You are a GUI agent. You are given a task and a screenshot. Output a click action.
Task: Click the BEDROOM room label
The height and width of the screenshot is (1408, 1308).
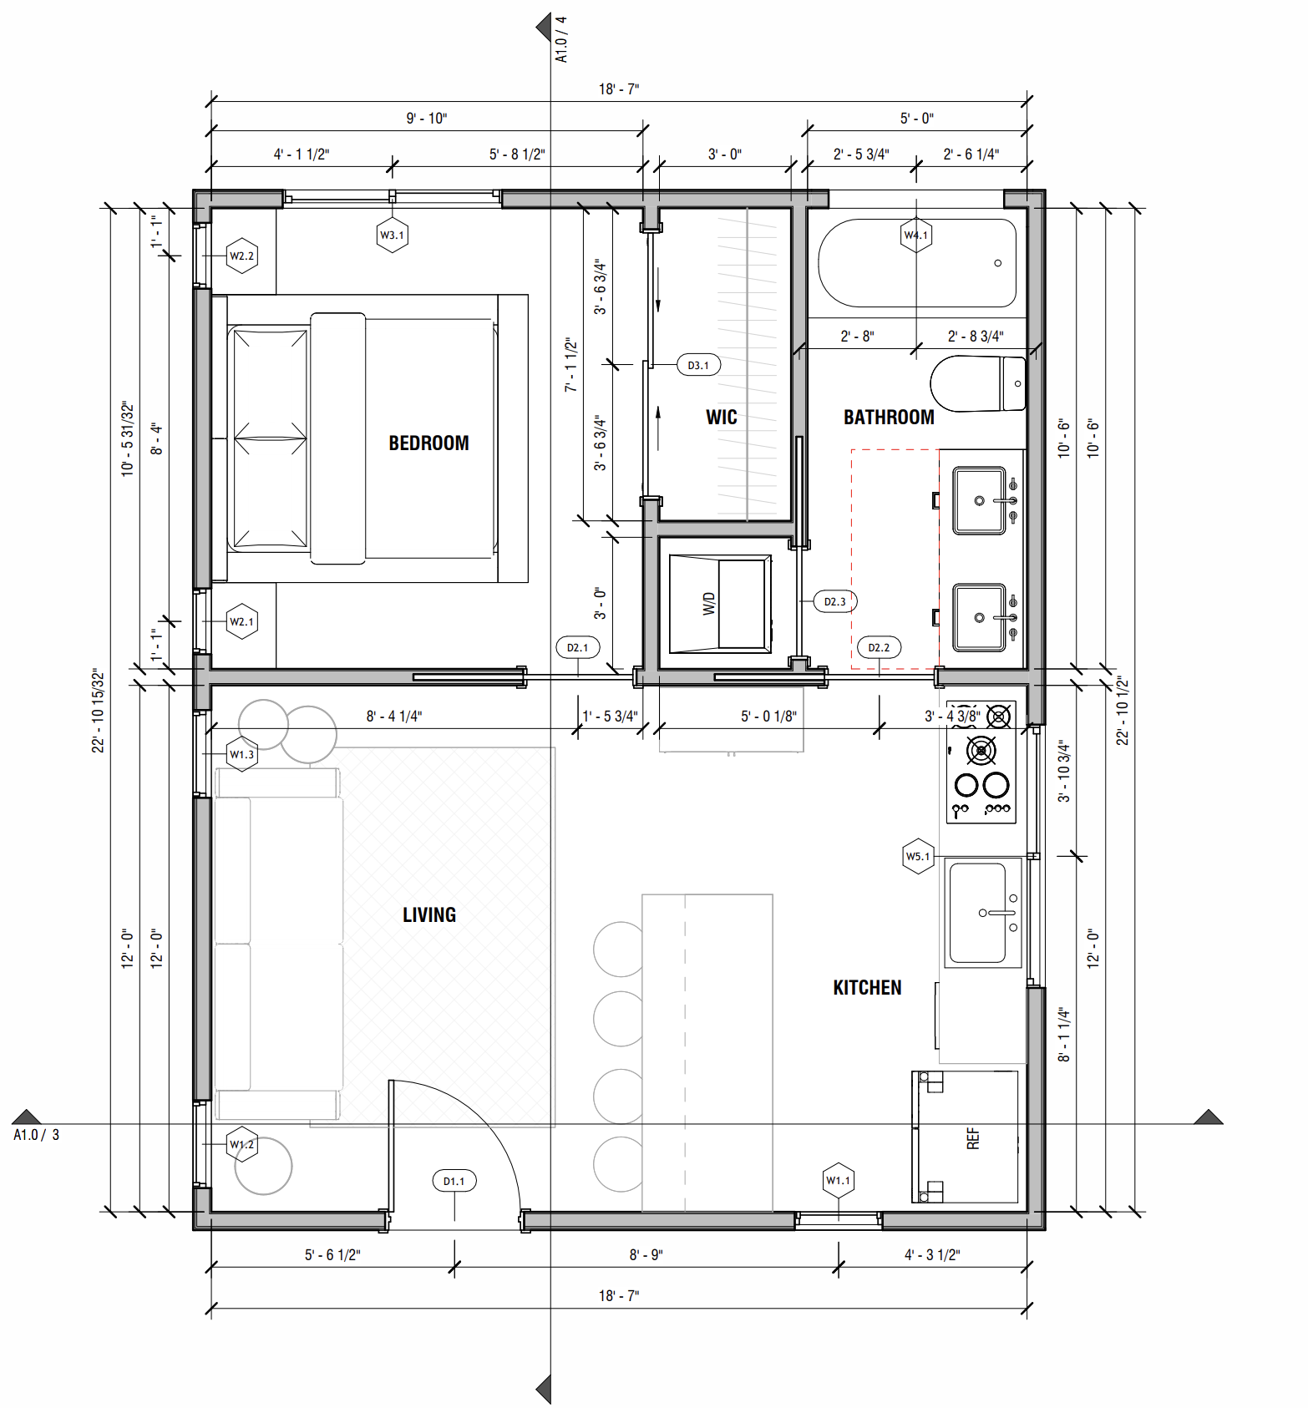(x=428, y=443)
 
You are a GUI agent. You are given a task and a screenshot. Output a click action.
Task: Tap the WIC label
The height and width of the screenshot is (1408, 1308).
(x=721, y=418)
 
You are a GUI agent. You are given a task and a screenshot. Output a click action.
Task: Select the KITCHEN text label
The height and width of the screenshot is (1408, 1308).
(x=867, y=988)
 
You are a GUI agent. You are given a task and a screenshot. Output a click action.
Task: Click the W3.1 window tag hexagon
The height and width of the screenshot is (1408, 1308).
(x=392, y=236)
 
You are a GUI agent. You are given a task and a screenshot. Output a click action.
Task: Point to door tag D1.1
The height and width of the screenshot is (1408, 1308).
(x=454, y=1181)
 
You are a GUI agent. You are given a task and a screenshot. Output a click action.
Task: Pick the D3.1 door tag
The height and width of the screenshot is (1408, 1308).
(x=698, y=365)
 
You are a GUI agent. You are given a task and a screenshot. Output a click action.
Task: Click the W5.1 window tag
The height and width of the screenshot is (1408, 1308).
(x=918, y=856)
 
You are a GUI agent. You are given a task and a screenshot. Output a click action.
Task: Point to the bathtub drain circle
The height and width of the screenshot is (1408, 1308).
(x=997, y=263)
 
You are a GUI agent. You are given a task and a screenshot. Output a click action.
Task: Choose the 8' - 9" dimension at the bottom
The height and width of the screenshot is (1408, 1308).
(x=646, y=1254)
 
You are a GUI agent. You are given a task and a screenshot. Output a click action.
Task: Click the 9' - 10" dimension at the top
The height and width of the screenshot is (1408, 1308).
(x=426, y=119)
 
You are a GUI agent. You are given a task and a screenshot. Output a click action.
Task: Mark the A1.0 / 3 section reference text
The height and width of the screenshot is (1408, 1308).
(x=36, y=1135)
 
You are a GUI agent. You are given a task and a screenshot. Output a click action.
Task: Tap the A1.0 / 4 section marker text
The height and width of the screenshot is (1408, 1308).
(x=561, y=39)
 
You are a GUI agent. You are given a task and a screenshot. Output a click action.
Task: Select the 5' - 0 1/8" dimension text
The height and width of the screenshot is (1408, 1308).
(x=768, y=717)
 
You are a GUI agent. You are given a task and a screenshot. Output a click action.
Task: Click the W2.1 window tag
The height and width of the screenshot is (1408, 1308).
(x=242, y=621)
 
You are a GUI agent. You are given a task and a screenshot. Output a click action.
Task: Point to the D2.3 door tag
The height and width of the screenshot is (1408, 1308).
(x=834, y=601)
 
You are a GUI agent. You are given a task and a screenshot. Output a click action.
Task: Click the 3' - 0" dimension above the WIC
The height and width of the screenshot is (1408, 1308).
(x=724, y=154)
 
